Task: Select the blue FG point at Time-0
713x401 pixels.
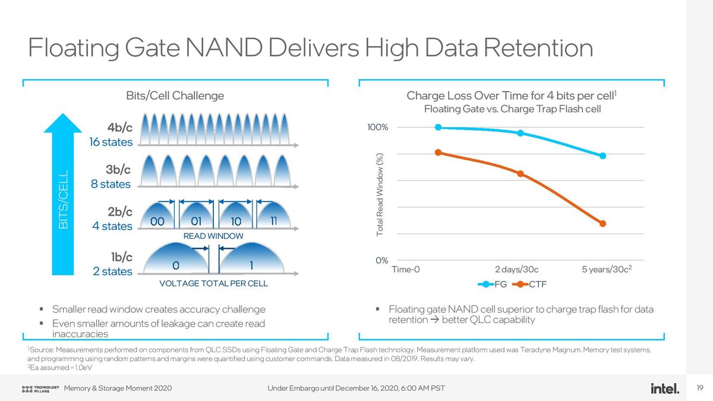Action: [x=438, y=127]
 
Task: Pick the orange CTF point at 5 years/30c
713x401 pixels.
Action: [x=602, y=223]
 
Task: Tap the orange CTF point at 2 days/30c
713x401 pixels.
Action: [x=520, y=173]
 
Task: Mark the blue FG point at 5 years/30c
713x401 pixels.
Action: [x=602, y=156]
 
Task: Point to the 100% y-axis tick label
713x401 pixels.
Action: [x=377, y=127]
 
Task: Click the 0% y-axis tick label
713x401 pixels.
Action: [x=381, y=260]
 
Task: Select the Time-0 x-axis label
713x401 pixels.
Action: [x=406, y=269]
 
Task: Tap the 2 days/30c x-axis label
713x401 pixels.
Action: [x=516, y=269]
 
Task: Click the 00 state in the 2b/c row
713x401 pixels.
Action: [x=157, y=222]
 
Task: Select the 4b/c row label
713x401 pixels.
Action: [x=119, y=128]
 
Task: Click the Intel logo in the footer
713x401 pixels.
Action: [x=664, y=389]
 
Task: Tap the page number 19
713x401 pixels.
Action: [x=699, y=389]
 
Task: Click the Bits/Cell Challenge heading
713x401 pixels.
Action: [x=175, y=96]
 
